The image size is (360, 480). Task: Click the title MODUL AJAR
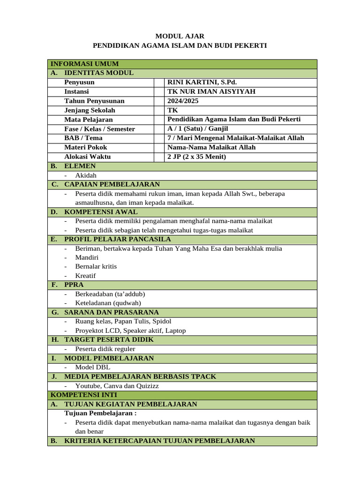coord(180,36)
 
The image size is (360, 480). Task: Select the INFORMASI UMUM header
coord(84,64)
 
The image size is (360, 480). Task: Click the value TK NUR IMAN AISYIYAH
coord(211,91)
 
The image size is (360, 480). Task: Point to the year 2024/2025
coord(183,101)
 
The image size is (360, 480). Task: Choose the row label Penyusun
coord(79,82)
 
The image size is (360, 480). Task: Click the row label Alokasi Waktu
coord(87,157)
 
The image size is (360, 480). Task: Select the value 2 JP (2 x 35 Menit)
coord(196,157)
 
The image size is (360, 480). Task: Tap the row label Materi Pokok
coord(86,147)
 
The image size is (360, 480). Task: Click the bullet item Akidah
coord(86,175)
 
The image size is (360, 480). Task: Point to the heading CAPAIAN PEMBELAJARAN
coord(112,184)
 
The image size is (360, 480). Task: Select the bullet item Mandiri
coord(87,257)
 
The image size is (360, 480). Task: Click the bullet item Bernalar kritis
coord(96,266)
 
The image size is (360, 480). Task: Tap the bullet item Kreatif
coord(85,276)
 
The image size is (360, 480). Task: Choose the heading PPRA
coord(74,285)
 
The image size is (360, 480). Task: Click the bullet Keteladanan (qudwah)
coord(108,303)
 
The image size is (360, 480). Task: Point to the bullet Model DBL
coord(93,367)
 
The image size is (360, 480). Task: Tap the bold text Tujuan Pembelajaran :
coord(100,413)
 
